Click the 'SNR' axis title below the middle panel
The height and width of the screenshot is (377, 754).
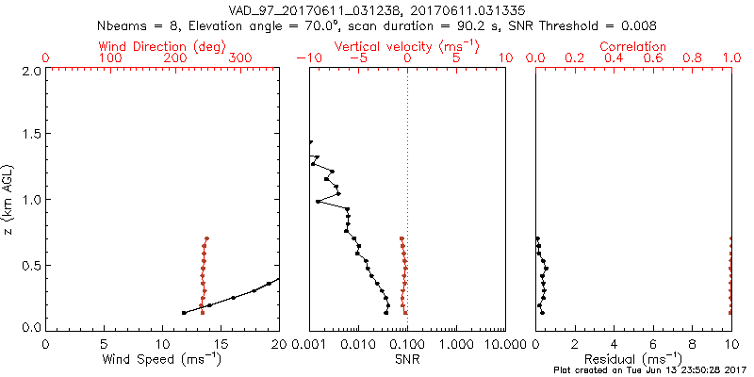click(407, 359)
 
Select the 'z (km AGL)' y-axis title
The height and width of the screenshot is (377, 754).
click(8, 199)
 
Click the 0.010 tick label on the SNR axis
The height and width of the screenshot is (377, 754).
click(358, 344)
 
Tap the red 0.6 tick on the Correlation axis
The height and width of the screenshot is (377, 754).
click(653, 58)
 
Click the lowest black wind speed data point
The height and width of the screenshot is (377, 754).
click(184, 312)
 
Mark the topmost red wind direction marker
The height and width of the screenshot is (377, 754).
click(206, 238)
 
